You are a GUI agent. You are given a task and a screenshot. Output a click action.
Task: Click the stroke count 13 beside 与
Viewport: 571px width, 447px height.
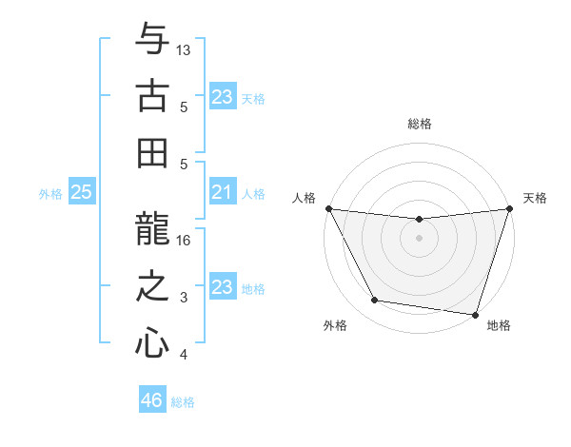click(185, 49)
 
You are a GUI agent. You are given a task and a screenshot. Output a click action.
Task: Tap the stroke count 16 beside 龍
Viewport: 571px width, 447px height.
click(185, 241)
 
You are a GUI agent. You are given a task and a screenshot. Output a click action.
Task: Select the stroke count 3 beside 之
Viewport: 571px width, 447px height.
click(184, 298)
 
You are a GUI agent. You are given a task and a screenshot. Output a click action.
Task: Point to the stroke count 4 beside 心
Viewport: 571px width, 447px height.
click(184, 355)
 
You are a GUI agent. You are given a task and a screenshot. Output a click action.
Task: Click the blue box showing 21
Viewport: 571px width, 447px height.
click(223, 193)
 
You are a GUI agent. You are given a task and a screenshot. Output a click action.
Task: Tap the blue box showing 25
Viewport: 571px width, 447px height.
click(81, 193)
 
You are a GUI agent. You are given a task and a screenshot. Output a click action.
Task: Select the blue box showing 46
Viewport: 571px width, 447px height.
click(152, 400)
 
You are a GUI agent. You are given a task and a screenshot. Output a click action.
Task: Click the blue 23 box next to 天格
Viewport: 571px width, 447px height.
click(223, 96)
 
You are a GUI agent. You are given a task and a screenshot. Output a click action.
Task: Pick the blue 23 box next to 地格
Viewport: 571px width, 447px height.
click(223, 288)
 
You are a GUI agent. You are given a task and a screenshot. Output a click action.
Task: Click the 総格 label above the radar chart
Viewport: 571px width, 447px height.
click(420, 124)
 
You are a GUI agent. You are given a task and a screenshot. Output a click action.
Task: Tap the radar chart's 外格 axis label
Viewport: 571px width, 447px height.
click(335, 325)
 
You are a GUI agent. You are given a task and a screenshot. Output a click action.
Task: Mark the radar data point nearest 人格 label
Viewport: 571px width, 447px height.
click(328, 208)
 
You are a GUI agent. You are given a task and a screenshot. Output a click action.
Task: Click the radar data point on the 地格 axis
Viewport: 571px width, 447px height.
click(476, 314)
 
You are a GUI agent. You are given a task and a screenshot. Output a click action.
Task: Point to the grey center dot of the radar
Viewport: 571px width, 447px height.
click(419, 238)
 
